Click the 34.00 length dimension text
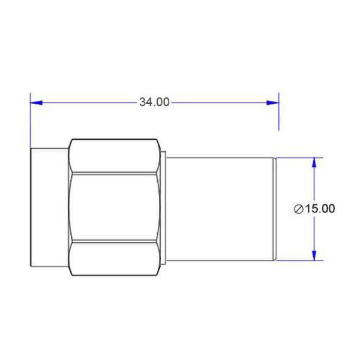[154, 102]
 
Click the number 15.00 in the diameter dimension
[320, 209]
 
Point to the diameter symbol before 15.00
[299, 209]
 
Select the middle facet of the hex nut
[114, 208]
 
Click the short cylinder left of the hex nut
[49, 208]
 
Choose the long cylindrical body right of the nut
[219, 208]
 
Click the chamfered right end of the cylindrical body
[275, 208]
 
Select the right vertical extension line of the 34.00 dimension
[279, 114]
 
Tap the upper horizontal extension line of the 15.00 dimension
[300, 157]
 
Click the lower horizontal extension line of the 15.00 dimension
[300, 261]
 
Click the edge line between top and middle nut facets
[114, 175]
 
